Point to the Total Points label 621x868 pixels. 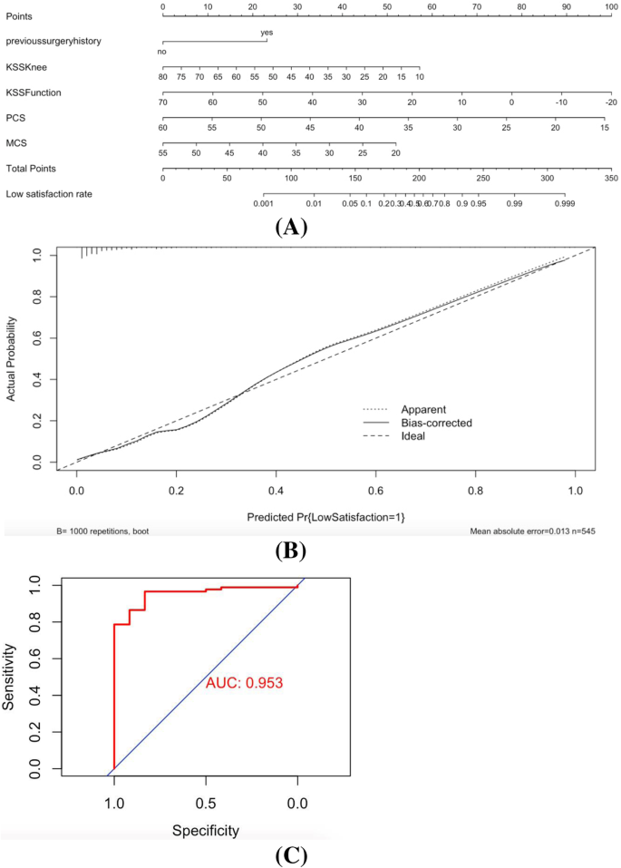[x=30, y=168]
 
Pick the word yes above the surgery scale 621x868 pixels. [x=267, y=32]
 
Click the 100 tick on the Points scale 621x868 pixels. [x=611, y=7]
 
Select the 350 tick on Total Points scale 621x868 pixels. [x=611, y=180]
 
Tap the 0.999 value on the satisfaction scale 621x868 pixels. [x=566, y=205]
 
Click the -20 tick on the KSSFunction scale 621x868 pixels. [x=611, y=103]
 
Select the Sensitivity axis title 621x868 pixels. [x=12, y=677]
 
